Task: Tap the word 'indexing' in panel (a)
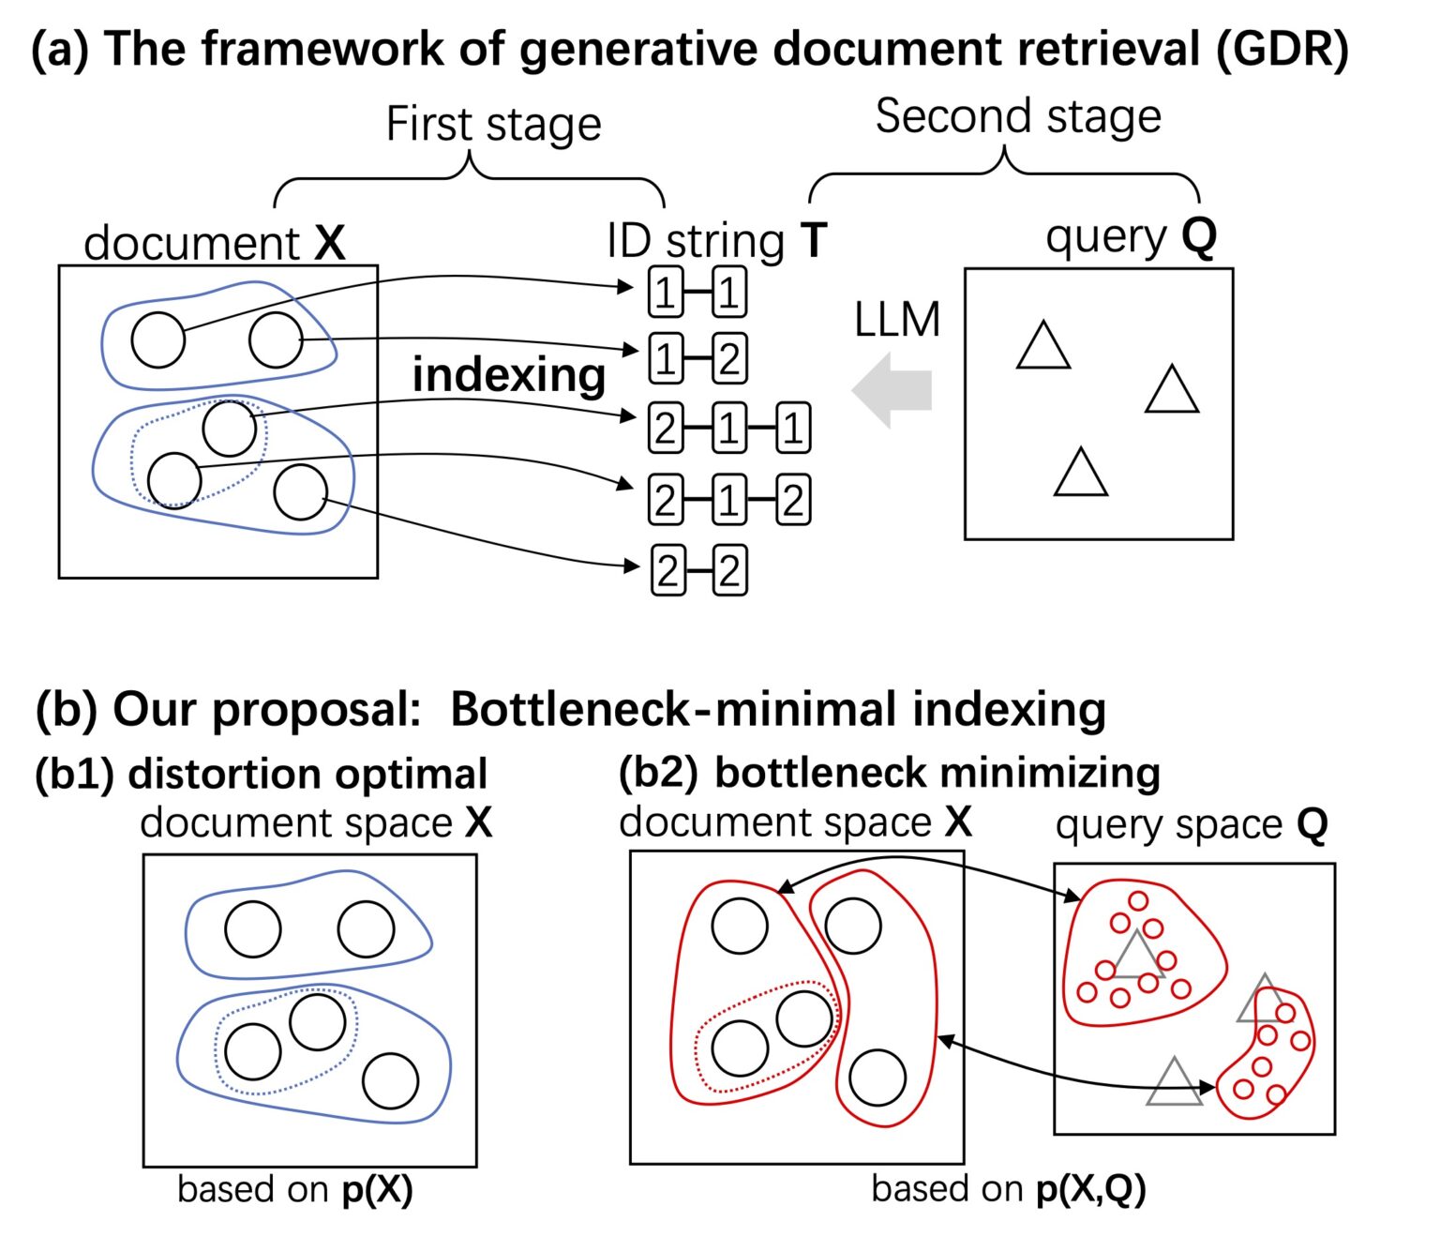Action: tap(509, 375)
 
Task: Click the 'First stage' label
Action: tap(493, 125)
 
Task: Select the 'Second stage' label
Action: tap(1018, 117)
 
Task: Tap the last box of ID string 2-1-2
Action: tap(792, 501)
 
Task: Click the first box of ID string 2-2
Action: tap(667, 571)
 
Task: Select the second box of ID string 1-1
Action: tap(729, 294)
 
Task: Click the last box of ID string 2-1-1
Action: tap(792, 430)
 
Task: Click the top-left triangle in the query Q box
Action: tap(1043, 348)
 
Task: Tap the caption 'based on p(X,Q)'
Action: tap(1008, 1189)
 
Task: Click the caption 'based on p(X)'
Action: tap(295, 1189)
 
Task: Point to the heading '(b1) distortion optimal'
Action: tap(261, 775)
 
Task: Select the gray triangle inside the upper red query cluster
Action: tap(1137, 957)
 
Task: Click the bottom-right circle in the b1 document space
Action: tap(390, 1080)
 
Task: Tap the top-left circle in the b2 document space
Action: tap(740, 926)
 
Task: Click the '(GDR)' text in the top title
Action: tap(1282, 49)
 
